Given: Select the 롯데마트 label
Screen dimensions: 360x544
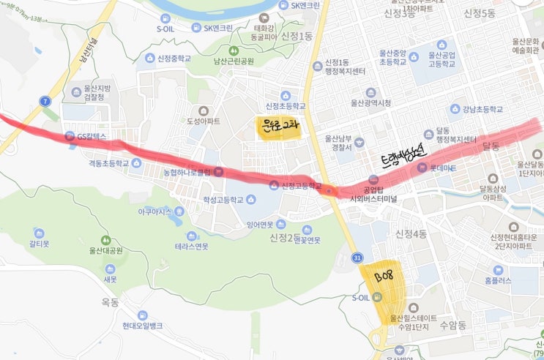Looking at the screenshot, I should pyautogui.click(x=439, y=169).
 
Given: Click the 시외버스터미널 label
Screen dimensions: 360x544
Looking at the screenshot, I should pyautogui.click(x=378, y=198).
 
